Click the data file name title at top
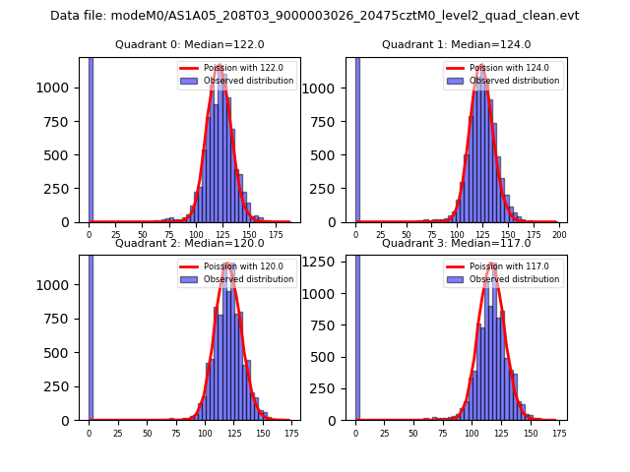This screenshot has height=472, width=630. click(x=314, y=16)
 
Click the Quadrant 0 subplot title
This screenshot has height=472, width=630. click(x=190, y=44)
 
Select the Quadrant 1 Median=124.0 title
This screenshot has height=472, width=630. click(x=456, y=44)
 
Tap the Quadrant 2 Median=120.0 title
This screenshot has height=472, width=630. click(x=190, y=243)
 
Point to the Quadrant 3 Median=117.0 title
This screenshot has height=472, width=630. click(x=456, y=243)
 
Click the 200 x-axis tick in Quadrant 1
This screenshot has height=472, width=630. click(x=559, y=236)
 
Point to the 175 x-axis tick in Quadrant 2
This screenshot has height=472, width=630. click(x=291, y=433)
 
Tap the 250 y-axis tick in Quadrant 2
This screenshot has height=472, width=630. click(x=64, y=386)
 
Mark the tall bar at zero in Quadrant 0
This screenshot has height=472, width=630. click(x=91, y=138)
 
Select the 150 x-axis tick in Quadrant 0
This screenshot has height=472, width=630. click(x=250, y=236)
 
